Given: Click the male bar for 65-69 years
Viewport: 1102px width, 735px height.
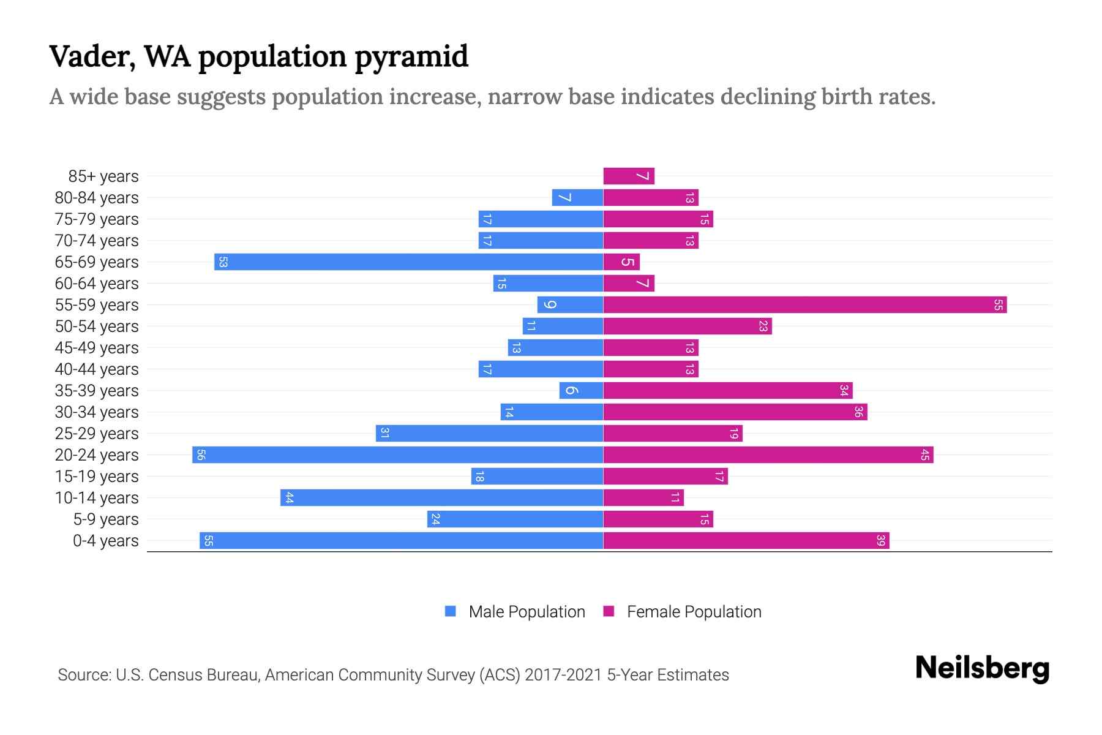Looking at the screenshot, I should click(409, 262).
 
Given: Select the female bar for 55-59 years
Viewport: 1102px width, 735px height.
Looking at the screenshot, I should click(804, 305).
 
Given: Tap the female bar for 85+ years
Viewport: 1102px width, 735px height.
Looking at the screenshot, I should click(629, 176).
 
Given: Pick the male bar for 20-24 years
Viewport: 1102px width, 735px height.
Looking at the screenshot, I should click(398, 455).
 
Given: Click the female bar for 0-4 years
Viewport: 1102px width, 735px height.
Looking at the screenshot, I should click(746, 541).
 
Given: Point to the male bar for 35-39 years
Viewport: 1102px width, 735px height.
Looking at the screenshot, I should click(581, 391).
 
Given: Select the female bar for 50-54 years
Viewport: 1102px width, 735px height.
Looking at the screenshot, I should click(687, 326).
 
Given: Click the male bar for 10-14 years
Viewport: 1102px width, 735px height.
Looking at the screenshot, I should click(442, 498).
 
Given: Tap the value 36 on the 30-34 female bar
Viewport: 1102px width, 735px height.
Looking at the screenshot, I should click(858, 412).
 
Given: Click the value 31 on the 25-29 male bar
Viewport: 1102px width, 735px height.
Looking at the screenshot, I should click(384, 434).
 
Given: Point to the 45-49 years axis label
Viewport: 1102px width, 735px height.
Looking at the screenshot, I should click(97, 348).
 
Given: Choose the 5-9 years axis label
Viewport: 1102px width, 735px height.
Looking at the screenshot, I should click(105, 519).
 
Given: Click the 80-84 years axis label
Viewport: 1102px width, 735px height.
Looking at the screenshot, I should click(97, 198).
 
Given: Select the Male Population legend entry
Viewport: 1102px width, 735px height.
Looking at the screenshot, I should click(527, 612).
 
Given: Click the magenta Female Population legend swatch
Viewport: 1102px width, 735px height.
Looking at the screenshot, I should click(609, 611).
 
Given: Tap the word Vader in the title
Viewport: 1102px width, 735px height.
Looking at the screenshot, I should click(92, 56).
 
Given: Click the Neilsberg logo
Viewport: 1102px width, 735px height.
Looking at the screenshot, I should click(982, 668).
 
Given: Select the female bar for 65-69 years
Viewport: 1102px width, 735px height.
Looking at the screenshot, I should click(621, 262).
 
